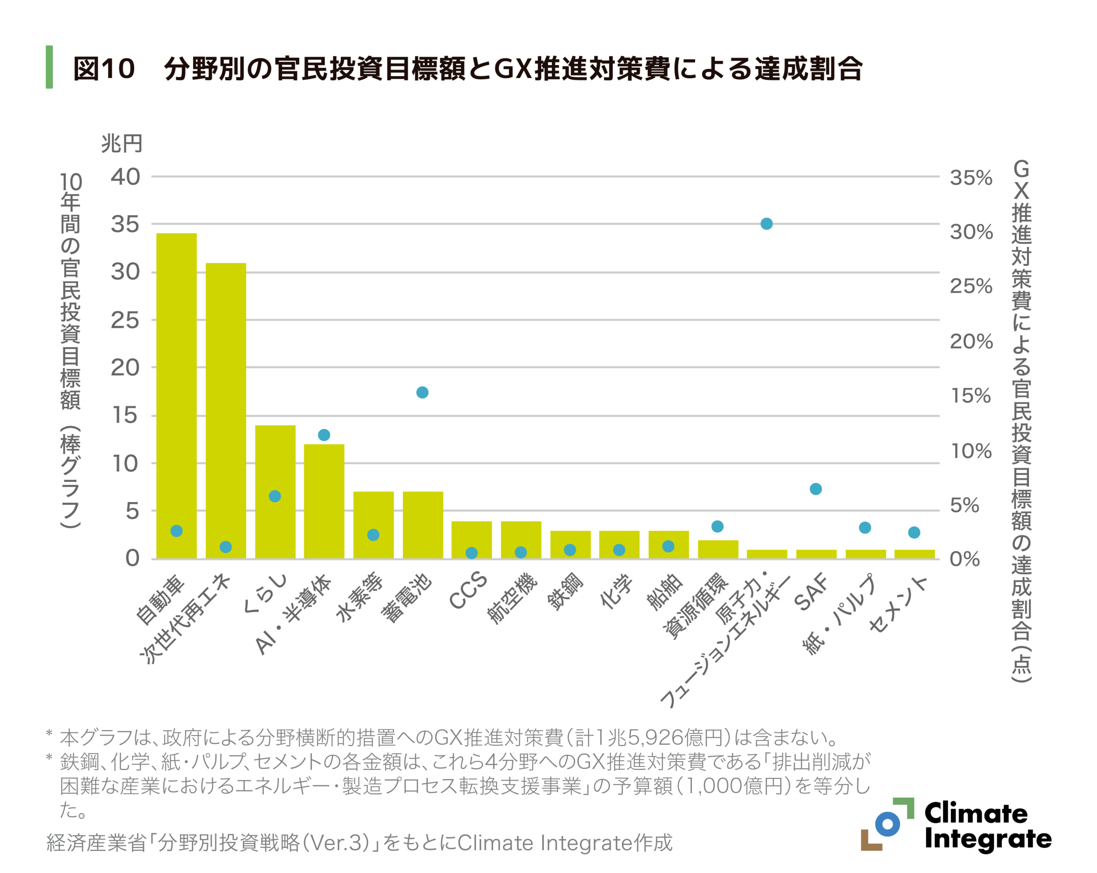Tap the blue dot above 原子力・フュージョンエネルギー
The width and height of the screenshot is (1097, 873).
tap(766, 224)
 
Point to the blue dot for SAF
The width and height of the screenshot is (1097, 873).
tap(815, 489)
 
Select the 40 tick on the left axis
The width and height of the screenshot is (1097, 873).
tap(125, 177)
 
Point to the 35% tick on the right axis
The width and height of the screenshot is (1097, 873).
tap(971, 178)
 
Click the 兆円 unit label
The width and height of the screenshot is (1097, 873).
tap(121, 143)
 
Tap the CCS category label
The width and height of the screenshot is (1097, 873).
tap(468, 590)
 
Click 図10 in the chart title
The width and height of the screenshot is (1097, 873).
tap(104, 68)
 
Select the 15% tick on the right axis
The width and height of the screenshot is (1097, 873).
tap(971, 396)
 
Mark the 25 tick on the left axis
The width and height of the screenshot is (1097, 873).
tap(125, 320)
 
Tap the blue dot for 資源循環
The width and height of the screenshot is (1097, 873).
tap(717, 526)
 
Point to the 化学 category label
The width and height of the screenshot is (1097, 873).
tap(617, 592)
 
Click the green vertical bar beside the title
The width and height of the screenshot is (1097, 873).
tap(49, 67)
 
